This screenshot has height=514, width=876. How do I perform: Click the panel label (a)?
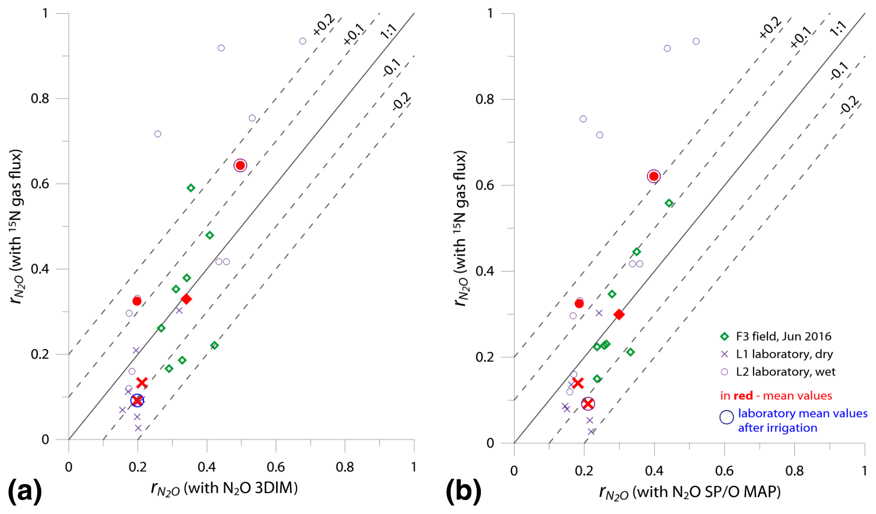(25, 491)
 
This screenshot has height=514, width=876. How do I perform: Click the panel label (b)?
(463, 491)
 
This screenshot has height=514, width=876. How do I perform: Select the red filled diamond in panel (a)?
(186, 299)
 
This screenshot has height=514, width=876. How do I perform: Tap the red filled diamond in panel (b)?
(618, 314)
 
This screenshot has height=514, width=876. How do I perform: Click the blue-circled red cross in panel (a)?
(137, 401)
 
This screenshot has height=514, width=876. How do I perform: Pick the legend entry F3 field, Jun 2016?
(783, 336)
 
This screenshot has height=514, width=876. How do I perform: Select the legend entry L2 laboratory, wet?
(785, 372)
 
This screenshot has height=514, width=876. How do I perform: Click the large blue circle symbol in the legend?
(726, 417)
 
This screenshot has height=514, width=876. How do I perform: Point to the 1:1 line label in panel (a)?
(389, 31)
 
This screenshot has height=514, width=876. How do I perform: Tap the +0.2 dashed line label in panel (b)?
(770, 28)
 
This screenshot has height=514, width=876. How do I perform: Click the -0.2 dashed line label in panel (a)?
(402, 102)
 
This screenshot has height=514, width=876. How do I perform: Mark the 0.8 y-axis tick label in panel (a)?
(40, 98)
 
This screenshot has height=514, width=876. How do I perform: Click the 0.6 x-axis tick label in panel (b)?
(724, 470)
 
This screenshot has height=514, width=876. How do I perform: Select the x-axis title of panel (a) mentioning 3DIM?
(224, 489)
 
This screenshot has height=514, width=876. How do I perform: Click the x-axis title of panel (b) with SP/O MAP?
(690, 493)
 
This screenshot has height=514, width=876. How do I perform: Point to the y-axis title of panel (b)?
(461, 228)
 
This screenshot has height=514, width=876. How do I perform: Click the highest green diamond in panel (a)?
(191, 188)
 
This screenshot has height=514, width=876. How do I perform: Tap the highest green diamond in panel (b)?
(669, 203)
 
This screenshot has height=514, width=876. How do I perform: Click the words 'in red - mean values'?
(776, 396)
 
